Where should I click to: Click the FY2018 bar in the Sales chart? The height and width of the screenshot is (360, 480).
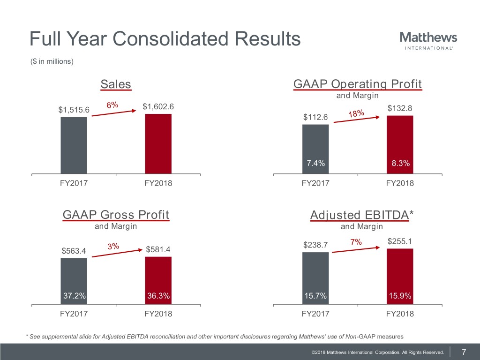point(158,143)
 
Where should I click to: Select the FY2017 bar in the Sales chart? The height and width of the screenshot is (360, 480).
point(74,145)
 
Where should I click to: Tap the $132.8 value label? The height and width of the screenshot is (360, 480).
point(400,108)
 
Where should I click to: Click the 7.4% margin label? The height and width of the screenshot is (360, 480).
point(315,163)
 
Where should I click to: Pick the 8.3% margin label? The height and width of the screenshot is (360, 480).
point(400,164)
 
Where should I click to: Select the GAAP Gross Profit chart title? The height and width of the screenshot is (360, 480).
point(115,215)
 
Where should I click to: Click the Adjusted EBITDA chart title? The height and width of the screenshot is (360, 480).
point(361,215)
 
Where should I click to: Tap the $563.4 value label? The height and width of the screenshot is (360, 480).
point(74,251)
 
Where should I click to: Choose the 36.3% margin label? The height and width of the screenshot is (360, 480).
point(158,296)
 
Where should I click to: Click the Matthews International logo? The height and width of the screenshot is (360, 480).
point(428,40)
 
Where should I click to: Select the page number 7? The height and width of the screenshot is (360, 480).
point(464,352)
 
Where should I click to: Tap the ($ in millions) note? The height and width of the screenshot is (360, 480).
point(52,61)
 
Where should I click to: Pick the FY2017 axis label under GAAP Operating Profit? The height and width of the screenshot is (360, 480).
point(315,183)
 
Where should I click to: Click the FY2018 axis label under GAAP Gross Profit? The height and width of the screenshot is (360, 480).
point(158,314)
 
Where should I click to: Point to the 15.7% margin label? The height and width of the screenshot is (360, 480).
point(315,296)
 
